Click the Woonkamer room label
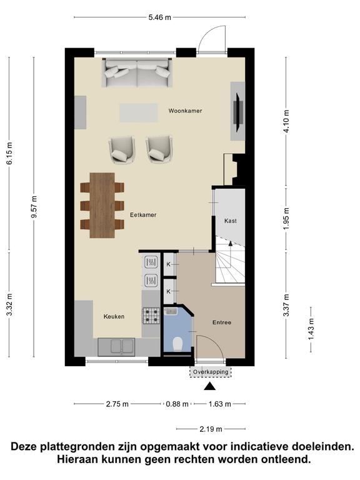click(x=185, y=111)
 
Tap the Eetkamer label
click(x=143, y=214)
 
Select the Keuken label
click(x=114, y=316)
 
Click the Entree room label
click(x=221, y=322)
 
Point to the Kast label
click(x=231, y=221)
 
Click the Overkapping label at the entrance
click(x=211, y=372)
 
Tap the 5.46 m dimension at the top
click(x=159, y=17)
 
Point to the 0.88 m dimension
click(x=177, y=404)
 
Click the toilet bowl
click(x=177, y=343)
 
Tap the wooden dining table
click(x=102, y=205)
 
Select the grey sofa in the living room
click(x=137, y=72)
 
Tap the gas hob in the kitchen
click(x=151, y=316)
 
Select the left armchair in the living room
click(x=121, y=149)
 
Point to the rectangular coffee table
click(x=139, y=112)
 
